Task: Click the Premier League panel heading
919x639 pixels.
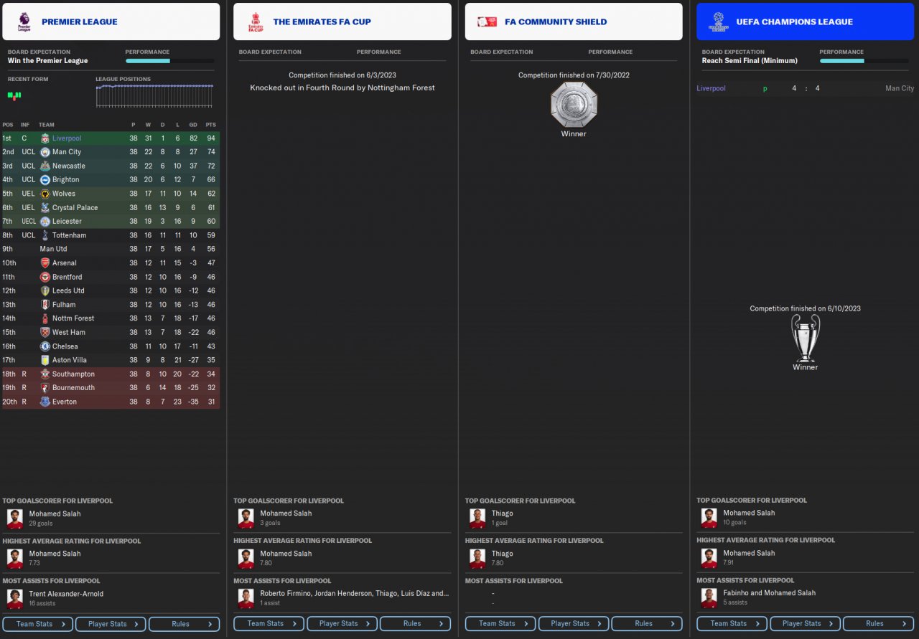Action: (79, 22)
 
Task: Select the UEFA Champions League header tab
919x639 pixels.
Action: (794, 22)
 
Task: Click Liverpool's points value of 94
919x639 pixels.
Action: (210, 138)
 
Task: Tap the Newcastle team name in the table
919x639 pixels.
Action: (68, 166)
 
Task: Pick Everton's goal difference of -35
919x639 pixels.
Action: (193, 402)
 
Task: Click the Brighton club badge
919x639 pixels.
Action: (45, 180)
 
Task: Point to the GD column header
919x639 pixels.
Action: (193, 125)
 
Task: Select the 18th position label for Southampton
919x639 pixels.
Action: (9, 374)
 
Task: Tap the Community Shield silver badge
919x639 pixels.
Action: (574, 105)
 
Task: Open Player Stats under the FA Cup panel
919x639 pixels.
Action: (342, 624)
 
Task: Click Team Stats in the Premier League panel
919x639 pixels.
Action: (37, 624)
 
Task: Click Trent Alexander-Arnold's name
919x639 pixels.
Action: (66, 594)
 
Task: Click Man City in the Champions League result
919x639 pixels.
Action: (900, 88)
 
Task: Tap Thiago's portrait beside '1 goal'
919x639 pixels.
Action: (477, 518)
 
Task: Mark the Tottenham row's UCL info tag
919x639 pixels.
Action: (28, 235)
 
